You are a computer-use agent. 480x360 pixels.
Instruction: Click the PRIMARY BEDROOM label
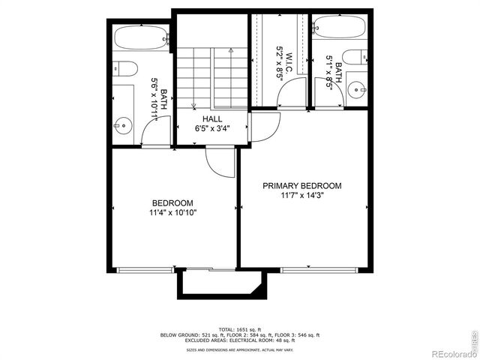[x=301, y=186]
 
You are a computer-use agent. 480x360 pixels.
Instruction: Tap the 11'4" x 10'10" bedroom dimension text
[x=172, y=212]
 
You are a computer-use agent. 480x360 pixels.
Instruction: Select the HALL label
[x=212, y=118]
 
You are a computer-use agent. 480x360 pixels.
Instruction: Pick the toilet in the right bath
[x=353, y=57]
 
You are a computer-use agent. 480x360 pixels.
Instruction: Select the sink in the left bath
[x=122, y=125]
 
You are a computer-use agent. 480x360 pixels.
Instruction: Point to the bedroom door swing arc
[x=220, y=162]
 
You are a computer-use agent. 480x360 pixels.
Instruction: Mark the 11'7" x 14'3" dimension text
[x=301, y=196]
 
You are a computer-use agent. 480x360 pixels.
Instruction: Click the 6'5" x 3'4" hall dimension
[x=212, y=128]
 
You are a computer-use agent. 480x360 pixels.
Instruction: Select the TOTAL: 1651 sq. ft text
[x=240, y=328]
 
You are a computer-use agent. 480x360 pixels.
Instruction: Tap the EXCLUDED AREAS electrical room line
[x=240, y=340]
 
